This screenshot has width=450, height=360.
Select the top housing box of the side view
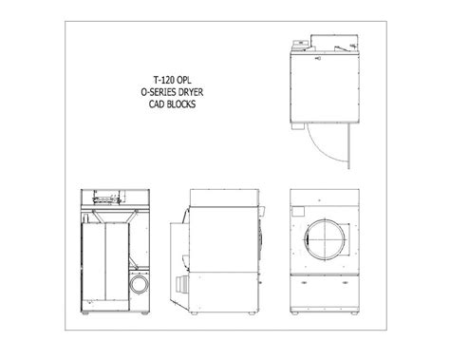click(x=220, y=199)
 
